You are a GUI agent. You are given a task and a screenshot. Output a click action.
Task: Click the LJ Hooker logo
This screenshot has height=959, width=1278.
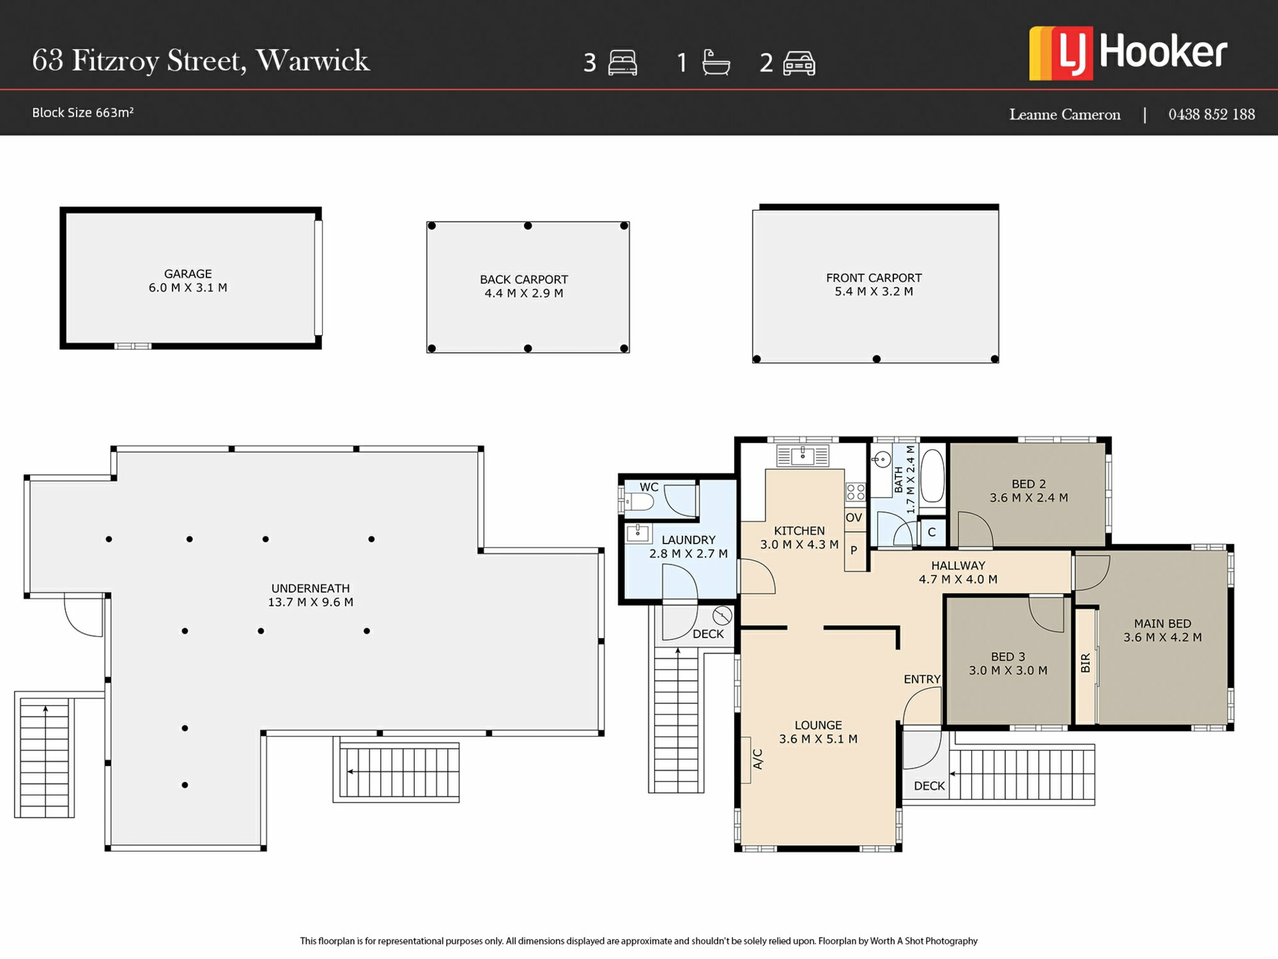pos(1128,53)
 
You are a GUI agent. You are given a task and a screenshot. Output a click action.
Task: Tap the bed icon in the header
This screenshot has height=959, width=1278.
pos(622,63)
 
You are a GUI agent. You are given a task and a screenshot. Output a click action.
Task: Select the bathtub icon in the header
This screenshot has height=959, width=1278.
pos(716,63)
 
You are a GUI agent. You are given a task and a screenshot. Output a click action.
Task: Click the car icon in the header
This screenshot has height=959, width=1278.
pos(799,63)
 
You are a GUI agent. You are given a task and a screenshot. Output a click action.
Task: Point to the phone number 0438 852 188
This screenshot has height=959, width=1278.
pos(1211,115)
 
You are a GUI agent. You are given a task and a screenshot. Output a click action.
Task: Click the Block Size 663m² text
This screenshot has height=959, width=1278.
pos(83,113)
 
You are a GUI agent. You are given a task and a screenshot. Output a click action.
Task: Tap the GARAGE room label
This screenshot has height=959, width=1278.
pos(188,274)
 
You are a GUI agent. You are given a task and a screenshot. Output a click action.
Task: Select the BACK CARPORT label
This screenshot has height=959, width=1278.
pos(524,280)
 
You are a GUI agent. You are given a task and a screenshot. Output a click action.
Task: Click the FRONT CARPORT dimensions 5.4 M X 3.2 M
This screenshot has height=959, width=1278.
pos(874,292)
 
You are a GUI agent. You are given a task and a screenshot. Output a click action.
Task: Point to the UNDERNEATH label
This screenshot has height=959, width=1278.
pos(310,589)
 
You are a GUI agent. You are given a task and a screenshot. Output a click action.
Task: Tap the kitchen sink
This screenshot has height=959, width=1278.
pos(803,456)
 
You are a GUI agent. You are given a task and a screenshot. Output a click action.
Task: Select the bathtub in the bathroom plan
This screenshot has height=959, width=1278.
pos(933,476)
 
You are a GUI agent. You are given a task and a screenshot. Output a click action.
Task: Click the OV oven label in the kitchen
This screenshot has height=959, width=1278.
pos(854,517)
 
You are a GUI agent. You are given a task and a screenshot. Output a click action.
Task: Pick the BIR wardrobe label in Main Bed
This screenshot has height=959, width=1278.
pos(1086,663)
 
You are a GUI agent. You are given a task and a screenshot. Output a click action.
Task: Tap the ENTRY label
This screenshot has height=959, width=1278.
pos(922,679)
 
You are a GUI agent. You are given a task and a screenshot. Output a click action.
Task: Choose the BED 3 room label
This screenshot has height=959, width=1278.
pos(1008,657)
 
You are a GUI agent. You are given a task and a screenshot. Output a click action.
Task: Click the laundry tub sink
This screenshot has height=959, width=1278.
pos(638,533)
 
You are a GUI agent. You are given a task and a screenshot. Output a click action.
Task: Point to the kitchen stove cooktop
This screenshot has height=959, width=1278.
pos(855,492)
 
